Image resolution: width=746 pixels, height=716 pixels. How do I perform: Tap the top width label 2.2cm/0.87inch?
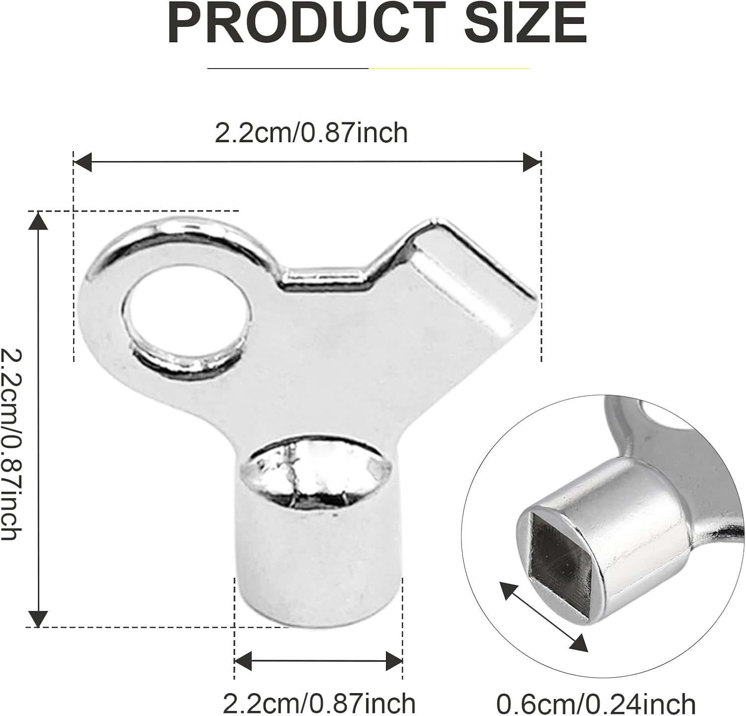click(x=311, y=133)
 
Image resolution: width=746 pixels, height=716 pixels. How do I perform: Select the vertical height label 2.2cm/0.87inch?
click(x=11, y=444)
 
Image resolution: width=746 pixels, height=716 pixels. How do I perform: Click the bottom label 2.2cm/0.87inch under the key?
click(x=319, y=703)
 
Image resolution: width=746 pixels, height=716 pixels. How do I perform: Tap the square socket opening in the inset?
click(x=558, y=549)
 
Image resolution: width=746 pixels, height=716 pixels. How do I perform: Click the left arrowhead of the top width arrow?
click(x=83, y=162)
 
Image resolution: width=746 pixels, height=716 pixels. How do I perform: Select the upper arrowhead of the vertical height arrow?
click(x=38, y=221)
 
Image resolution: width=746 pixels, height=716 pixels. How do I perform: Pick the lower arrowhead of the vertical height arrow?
click(x=38, y=618)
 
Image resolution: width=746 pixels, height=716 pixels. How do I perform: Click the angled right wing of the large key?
click(x=472, y=278)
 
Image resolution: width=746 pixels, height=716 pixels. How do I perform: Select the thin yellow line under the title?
click(x=449, y=68)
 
